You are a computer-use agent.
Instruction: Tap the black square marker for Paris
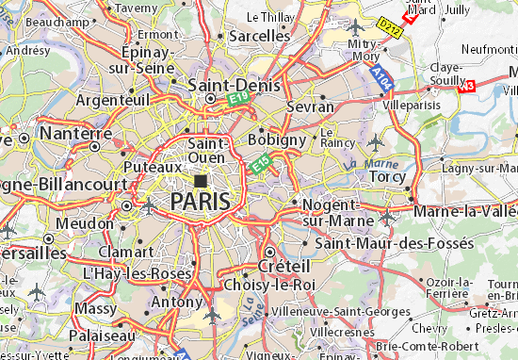[x=201, y=179]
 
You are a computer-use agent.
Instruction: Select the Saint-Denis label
[x=225, y=84]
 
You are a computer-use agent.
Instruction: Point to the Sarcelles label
[x=259, y=35]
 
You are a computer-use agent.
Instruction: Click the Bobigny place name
[x=276, y=139]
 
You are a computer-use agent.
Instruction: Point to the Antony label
[x=180, y=302]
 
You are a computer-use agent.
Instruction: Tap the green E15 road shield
[x=261, y=168]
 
